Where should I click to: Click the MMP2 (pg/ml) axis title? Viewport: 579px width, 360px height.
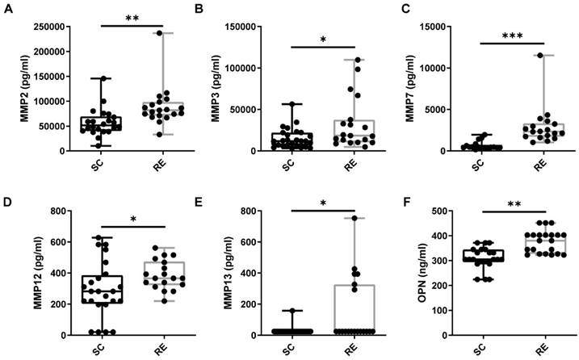click(x=11, y=88)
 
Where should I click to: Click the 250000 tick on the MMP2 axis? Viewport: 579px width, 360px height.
click(x=45, y=26)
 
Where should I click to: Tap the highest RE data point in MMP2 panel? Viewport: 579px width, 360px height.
click(x=159, y=33)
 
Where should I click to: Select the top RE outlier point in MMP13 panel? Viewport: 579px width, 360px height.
click(x=352, y=218)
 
